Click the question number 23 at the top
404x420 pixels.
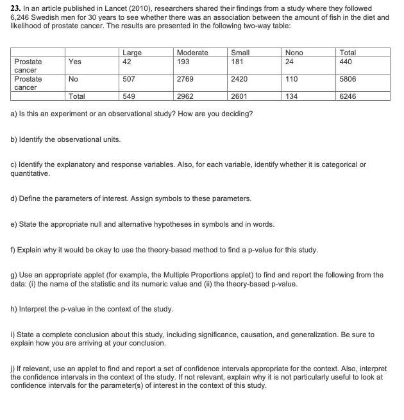(x=16, y=8)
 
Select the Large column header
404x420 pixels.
(x=131, y=53)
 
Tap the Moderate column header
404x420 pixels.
(x=192, y=53)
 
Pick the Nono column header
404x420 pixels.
(x=294, y=53)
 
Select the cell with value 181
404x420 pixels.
(x=237, y=62)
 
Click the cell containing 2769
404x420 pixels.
(x=185, y=79)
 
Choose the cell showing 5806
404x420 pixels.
(x=348, y=79)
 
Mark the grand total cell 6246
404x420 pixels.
(x=348, y=96)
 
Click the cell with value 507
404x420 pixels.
(x=128, y=79)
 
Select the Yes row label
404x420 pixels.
(x=74, y=62)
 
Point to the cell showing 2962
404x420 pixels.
(x=185, y=96)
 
